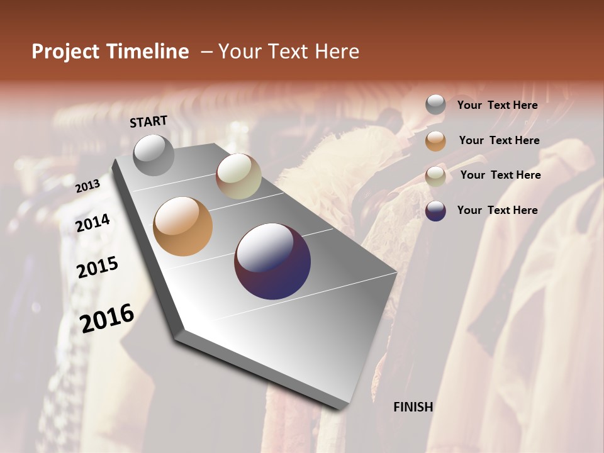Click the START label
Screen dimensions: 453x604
tap(148, 121)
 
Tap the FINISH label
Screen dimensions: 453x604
tap(413, 407)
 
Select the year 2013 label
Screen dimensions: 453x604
tap(87, 186)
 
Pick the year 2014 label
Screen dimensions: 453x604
tap(92, 223)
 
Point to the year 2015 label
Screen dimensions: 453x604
tap(98, 267)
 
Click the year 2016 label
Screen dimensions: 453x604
tap(107, 318)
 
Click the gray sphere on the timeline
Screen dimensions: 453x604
tap(154, 155)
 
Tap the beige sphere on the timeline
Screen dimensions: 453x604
tap(238, 176)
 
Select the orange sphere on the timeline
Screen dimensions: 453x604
tap(182, 226)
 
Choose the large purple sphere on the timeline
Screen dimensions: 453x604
tap(272, 261)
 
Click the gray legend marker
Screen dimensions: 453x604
tap(435, 105)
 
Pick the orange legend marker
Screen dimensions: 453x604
tap(435, 141)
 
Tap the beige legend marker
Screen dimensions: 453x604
tap(435, 176)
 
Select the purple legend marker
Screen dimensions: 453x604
tap(435, 211)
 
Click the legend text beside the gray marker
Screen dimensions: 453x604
tap(497, 105)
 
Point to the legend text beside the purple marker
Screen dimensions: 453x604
tap(497, 210)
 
